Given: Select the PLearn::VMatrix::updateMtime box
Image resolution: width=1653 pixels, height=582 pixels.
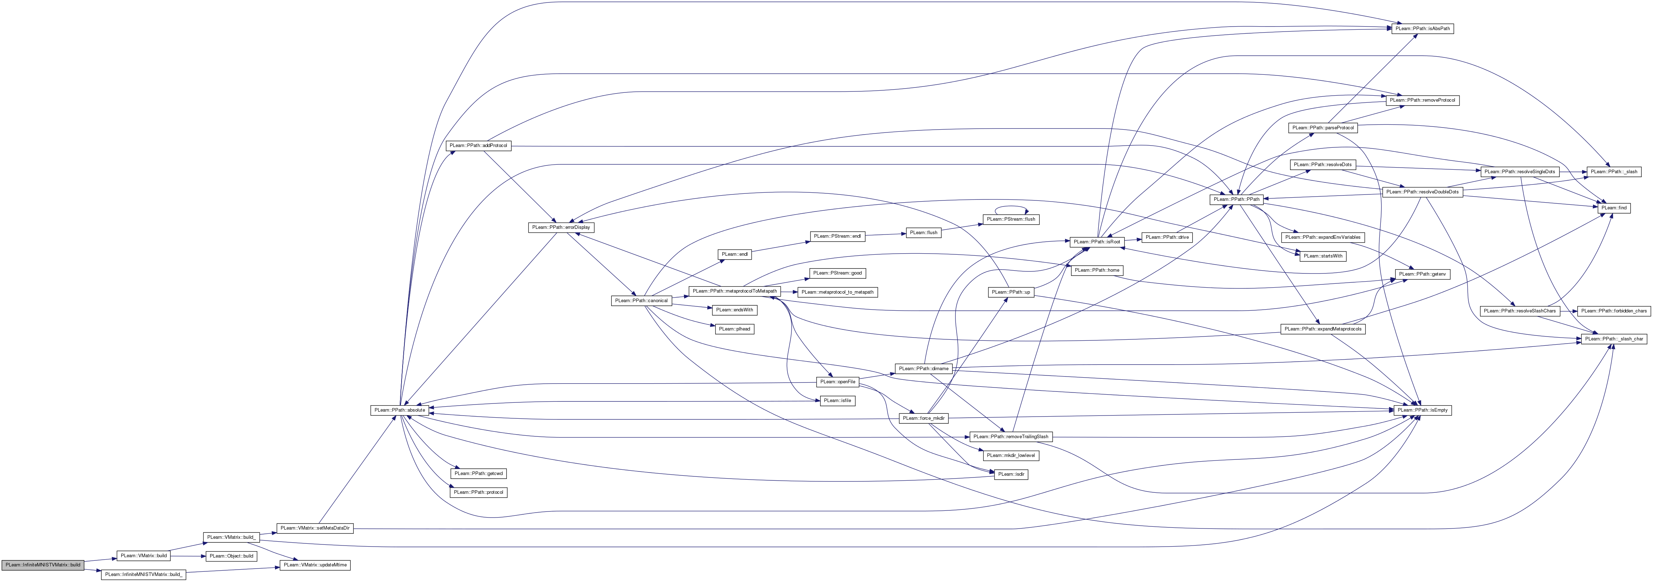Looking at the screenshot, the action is [x=314, y=565].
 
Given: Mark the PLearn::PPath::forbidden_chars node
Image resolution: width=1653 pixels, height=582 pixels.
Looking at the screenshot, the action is [x=1613, y=311].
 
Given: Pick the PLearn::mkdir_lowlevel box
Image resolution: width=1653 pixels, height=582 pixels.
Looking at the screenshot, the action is [x=1011, y=456].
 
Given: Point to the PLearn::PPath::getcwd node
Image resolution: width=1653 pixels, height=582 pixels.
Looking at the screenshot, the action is [x=479, y=474].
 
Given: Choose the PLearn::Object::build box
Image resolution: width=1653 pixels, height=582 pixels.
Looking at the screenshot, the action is [x=231, y=556].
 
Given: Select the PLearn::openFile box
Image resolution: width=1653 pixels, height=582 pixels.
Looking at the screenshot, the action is [x=837, y=382].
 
